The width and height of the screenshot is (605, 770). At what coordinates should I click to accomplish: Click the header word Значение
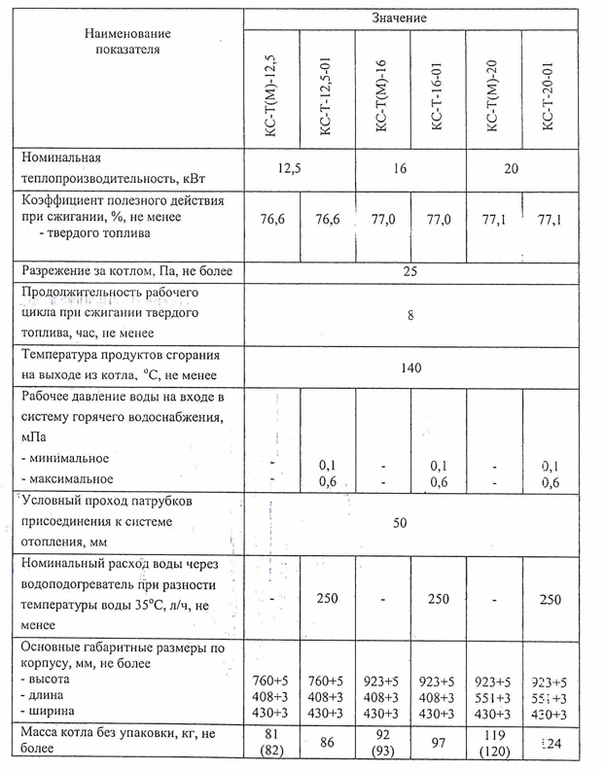[399, 18]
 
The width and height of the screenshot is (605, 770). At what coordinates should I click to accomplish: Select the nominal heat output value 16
[399, 168]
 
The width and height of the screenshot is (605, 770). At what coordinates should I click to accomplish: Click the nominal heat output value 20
[512, 168]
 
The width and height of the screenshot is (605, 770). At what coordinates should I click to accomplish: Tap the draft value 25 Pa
[409, 269]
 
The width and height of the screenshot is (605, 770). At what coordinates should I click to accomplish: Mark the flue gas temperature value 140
[409, 367]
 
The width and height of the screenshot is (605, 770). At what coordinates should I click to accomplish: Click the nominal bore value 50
[400, 523]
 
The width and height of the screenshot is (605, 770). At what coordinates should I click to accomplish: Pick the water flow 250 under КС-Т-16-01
[438, 597]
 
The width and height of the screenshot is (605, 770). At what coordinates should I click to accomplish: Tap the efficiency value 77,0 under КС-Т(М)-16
[383, 221]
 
